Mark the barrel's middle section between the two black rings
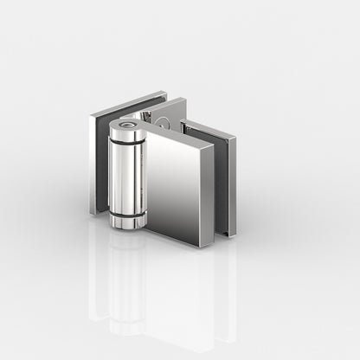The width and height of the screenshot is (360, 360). [x=126, y=177]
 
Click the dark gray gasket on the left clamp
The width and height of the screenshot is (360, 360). [x=102, y=164]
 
